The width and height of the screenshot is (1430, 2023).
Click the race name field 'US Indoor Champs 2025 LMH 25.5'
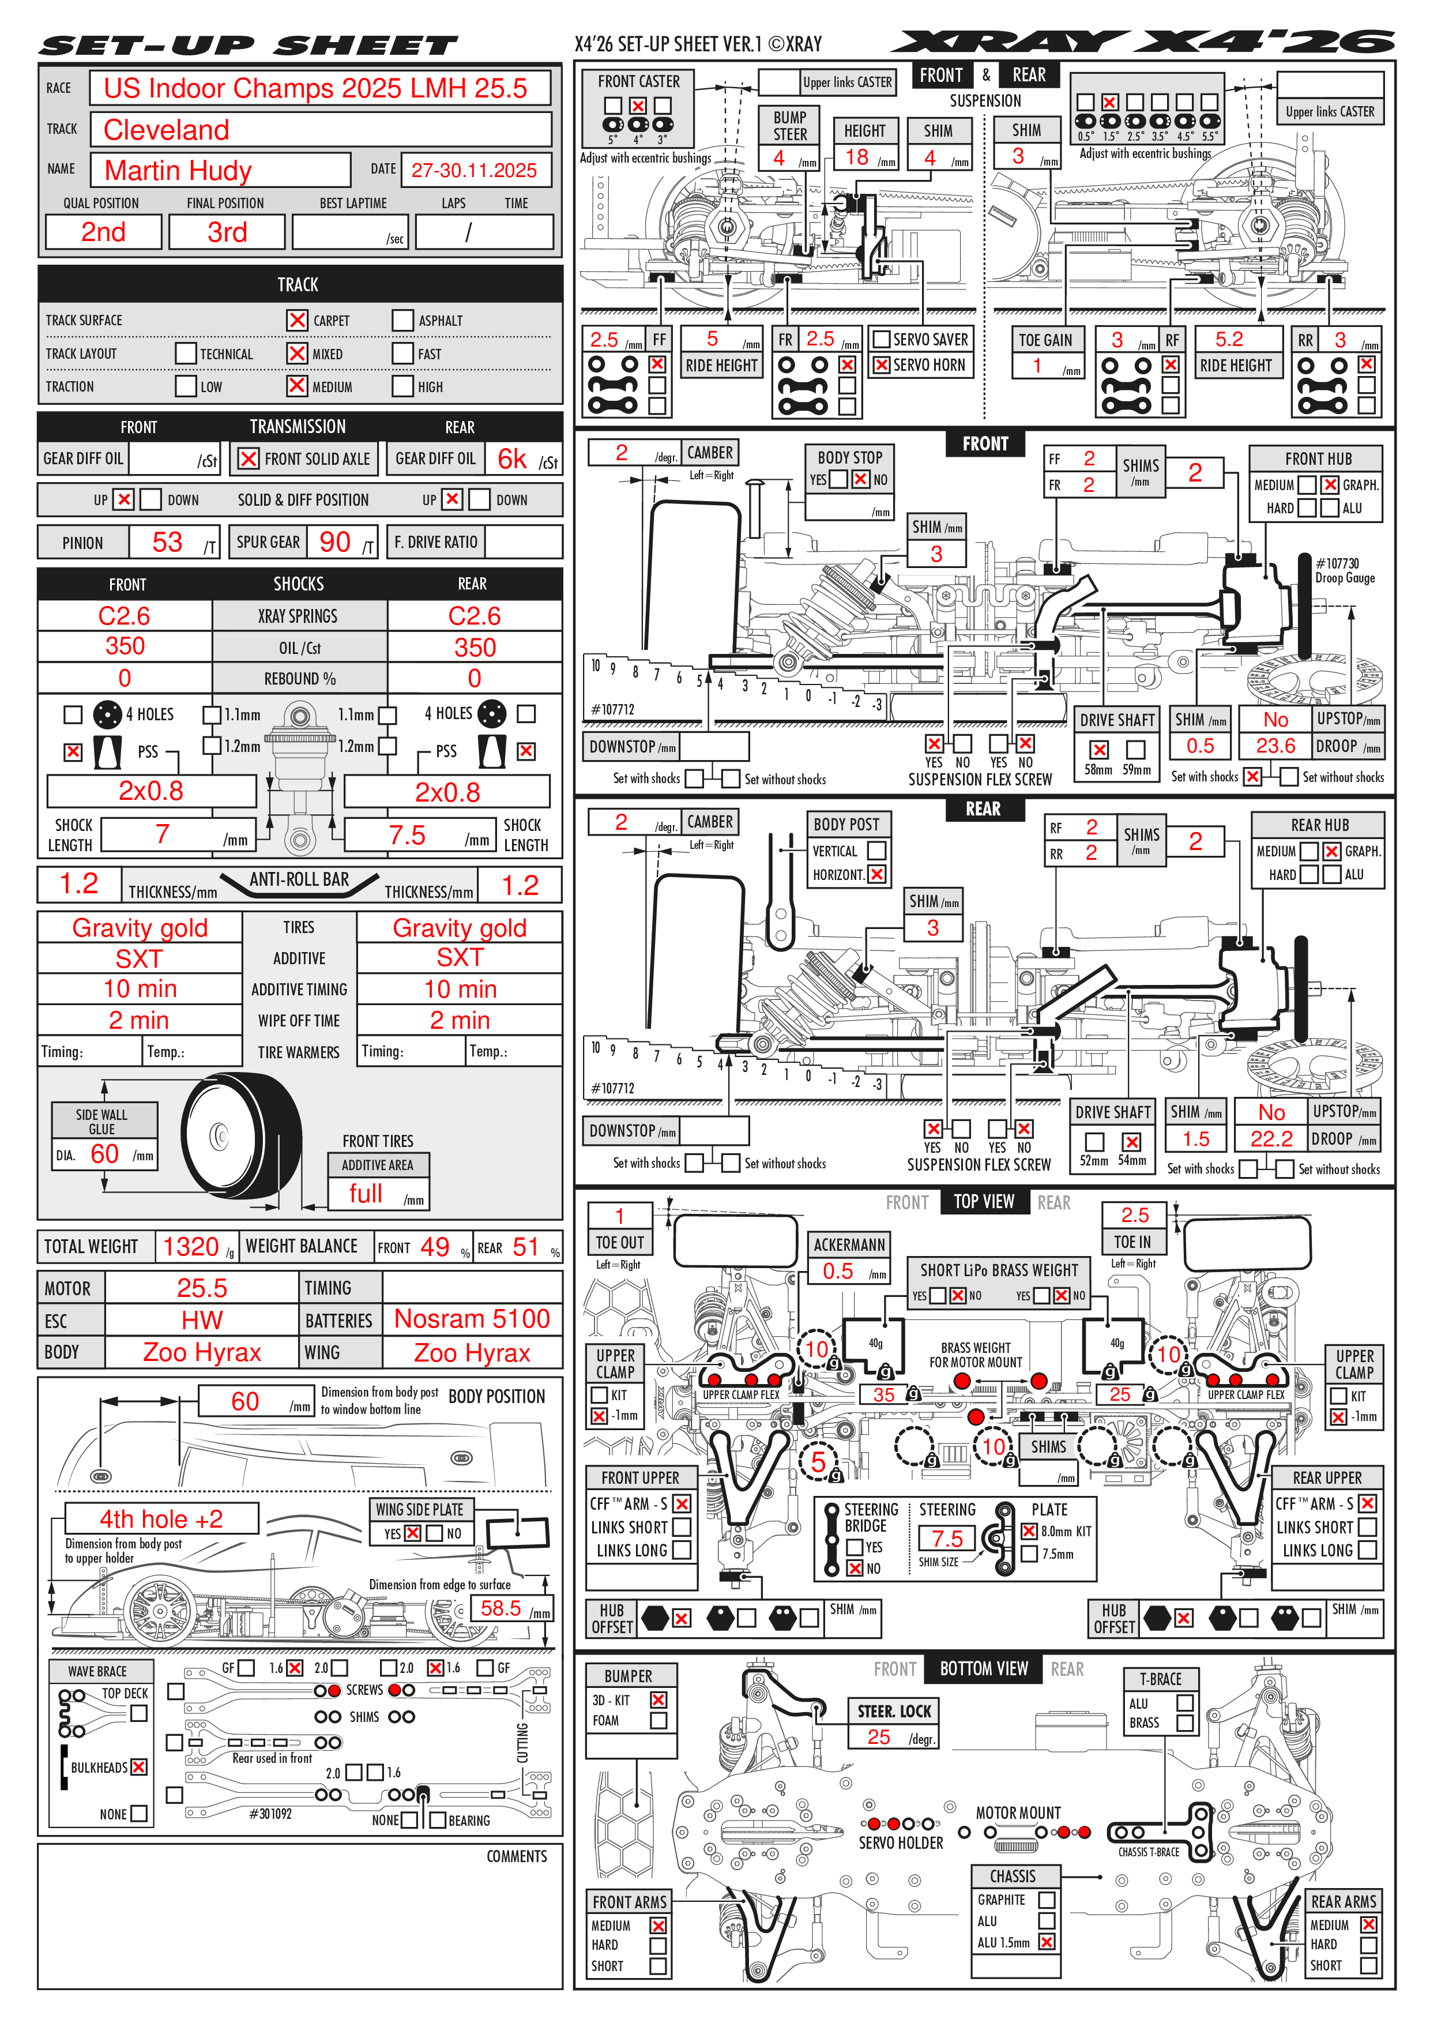[x=315, y=88]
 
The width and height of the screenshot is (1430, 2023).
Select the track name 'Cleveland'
[x=167, y=130]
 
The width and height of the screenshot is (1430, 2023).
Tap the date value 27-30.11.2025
[x=474, y=170]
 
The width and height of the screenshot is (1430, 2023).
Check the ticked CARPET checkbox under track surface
[x=298, y=320]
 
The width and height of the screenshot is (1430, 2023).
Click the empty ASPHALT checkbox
[x=402, y=320]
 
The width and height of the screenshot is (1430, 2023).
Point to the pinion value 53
[x=167, y=542]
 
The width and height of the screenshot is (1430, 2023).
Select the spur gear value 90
[x=335, y=542]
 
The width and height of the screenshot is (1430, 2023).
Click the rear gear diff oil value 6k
[x=512, y=459]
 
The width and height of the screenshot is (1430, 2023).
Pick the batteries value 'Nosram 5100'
[x=471, y=1319]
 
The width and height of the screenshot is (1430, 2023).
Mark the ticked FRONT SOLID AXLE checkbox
[x=249, y=459]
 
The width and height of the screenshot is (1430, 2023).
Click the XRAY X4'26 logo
[x=1143, y=42]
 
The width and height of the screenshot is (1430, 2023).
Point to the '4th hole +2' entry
[x=161, y=1519]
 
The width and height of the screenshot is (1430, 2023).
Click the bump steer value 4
[x=779, y=157]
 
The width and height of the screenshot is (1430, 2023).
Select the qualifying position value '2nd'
[x=103, y=232]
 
